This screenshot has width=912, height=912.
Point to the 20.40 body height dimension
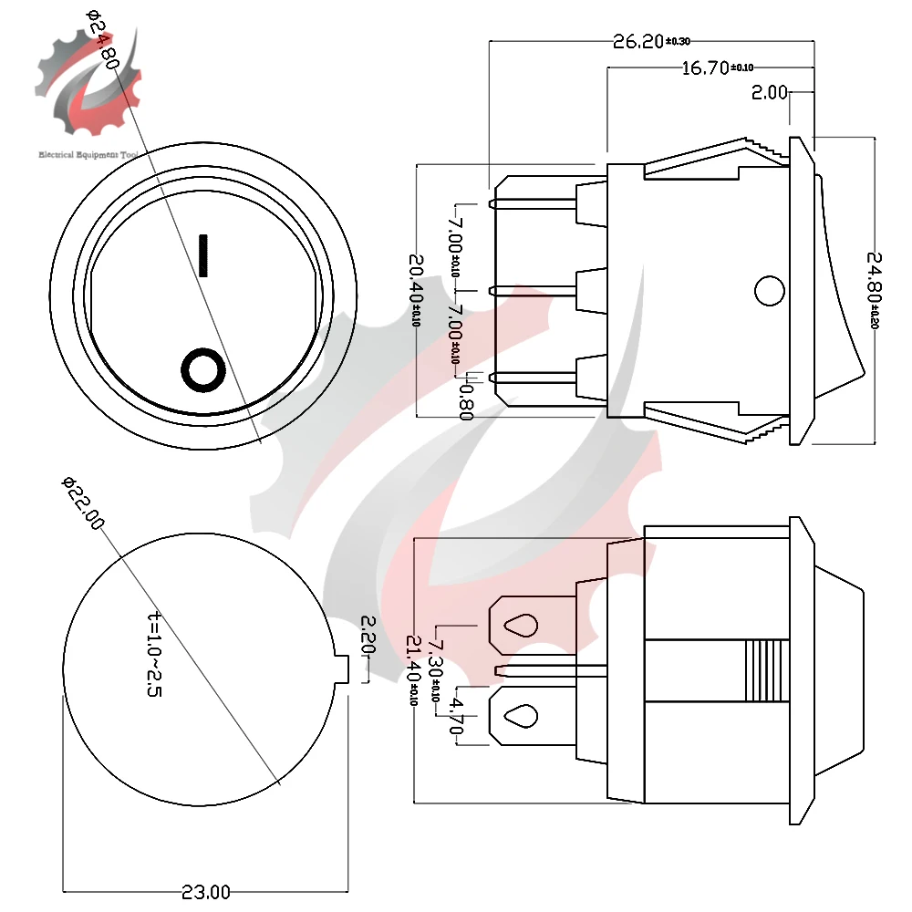click(416, 291)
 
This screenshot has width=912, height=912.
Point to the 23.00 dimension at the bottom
click(205, 891)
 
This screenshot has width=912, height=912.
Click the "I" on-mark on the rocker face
click(204, 255)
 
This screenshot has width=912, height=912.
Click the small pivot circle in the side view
click(769, 291)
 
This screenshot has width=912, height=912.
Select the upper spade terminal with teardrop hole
click(521, 625)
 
